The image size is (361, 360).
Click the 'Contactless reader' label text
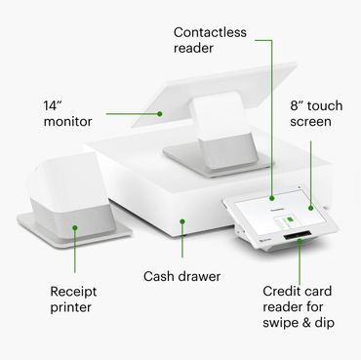[x=210, y=40]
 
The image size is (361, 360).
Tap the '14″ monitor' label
[x=67, y=113]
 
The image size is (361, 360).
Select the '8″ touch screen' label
[x=316, y=113]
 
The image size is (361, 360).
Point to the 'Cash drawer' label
[x=181, y=276]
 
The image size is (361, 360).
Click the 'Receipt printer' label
[x=73, y=300]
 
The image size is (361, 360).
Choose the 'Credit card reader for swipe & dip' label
[x=299, y=307]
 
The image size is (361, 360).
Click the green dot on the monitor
[x=159, y=114]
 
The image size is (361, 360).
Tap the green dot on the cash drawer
[x=182, y=221]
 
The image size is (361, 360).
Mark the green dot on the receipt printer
[x=75, y=227]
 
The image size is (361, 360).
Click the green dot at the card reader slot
[x=300, y=241]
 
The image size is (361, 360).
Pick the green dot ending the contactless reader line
[x=272, y=198]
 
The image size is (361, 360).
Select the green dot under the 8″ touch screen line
[x=311, y=208]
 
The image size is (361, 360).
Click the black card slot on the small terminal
[x=298, y=236]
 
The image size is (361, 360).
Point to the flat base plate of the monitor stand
[x=217, y=161]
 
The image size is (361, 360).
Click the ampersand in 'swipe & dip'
[x=305, y=323]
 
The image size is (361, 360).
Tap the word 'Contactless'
[x=210, y=32]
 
